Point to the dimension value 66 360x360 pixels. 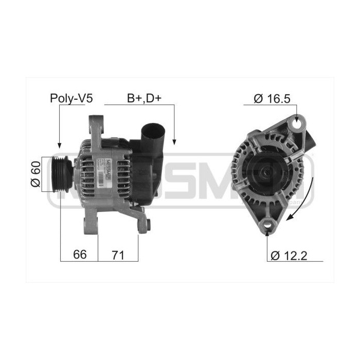tap(79, 255)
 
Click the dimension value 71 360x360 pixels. tap(118, 255)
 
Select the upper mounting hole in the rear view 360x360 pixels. tap(297, 123)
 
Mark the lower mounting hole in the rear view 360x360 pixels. tap(267, 224)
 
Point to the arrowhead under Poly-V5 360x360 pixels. tap(60, 145)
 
